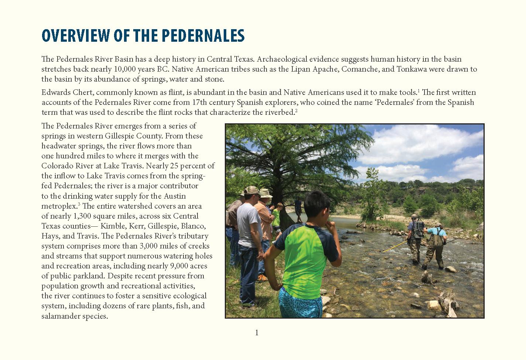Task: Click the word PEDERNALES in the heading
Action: pyautogui.click(x=203, y=36)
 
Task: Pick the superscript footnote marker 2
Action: pyautogui.click(x=296, y=111)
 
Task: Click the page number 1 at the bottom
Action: pyautogui.click(x=257, y=333)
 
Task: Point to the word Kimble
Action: pyautogui.click(x=113, y=226)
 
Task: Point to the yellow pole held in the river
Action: pyautogui.click(x=395, y=247)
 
